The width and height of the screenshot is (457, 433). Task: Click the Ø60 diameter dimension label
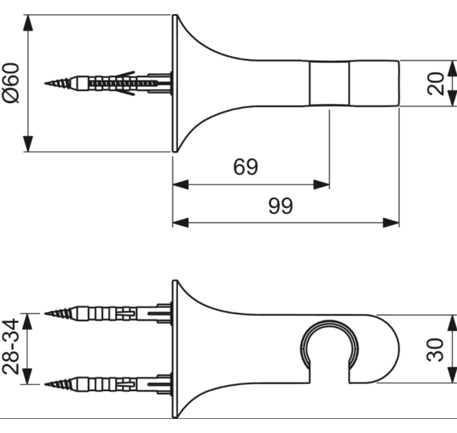[11, 83]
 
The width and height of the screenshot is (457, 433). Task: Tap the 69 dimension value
[246, 167]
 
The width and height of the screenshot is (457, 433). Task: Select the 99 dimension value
[281, 205]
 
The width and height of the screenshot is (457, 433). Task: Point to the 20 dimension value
[436, 83]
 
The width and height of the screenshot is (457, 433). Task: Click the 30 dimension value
[435, 350]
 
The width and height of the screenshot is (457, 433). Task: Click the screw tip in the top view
[46, 83]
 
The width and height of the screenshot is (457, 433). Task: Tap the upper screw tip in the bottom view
[46, 313]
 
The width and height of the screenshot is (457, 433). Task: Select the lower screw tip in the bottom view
[46, 384]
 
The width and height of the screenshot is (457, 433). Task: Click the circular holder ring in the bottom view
[329, 322]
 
